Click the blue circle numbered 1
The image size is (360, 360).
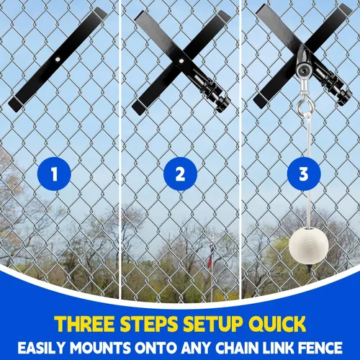pos(54,174)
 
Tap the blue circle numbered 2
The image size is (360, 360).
pos(180,174)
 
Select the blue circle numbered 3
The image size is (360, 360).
pos(304,174)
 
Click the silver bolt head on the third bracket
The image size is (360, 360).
pos(303,71)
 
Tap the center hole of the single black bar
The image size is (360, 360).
pos(57,60)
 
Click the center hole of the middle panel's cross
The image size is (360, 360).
pos(181,61)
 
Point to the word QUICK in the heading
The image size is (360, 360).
pos(277,324)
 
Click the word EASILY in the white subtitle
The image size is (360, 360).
pos(42,348)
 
